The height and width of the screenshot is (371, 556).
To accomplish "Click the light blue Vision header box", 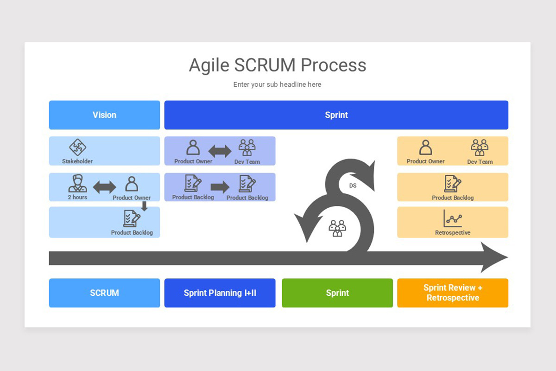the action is point(104,115).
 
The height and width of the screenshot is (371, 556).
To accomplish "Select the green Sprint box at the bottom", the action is point(337,293).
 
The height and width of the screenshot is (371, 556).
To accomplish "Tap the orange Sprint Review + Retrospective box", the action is point(453,293).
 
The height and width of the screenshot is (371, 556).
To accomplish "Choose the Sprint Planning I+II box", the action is point(220,293).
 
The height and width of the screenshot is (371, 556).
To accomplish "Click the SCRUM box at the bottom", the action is point(104,293).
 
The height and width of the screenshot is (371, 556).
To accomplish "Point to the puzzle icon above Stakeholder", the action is point(77,147).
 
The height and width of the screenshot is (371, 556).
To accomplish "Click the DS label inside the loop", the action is point(353,185).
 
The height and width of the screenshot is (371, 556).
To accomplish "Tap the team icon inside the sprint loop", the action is point(337,228).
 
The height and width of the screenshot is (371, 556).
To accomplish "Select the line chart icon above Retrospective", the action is point(453,218).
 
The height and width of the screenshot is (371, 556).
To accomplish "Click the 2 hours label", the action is point(77,197).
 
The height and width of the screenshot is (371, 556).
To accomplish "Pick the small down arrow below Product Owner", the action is point(144,206).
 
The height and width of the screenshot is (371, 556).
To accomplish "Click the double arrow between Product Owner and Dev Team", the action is point(220,151).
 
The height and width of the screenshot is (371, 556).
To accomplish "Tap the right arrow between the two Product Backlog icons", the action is point(220,187).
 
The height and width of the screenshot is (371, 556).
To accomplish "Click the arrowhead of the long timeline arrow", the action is point(494,257).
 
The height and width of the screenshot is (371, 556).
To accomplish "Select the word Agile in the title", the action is point(209,65).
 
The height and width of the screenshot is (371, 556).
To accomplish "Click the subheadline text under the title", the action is point(277,84).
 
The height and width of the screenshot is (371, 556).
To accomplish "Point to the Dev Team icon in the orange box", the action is point(480,147).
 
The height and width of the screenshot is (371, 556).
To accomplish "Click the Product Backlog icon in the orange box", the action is point(453,184).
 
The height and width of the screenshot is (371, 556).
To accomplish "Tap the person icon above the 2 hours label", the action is point(77,183).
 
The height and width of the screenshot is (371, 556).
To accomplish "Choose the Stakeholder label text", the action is point(77,161).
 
